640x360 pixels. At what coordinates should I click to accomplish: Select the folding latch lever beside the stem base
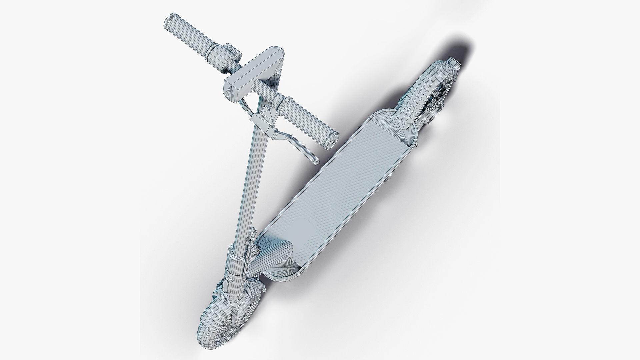251,240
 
